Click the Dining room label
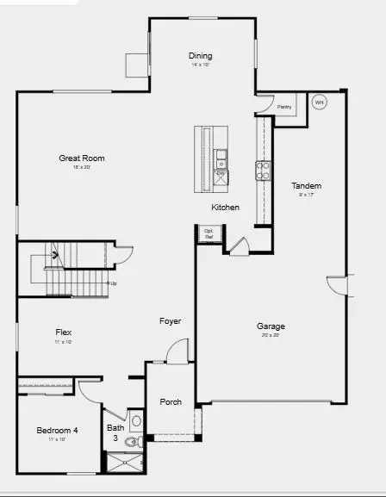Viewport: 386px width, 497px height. (x=200, y=57)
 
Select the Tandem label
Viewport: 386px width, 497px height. (x=306, y=186)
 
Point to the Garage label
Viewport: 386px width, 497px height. (x=271, y=326)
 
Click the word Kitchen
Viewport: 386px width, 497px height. (x=226, y=208)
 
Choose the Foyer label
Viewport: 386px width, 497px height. (x=170, y=321)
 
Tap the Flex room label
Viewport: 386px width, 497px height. (x=64, y=332)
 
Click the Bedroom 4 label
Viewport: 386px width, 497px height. (x=58, y=431)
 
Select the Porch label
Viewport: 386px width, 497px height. (x=171, y=402)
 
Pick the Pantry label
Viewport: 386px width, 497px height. (x=283, y=107)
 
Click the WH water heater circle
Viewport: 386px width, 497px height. (x=319, y=103)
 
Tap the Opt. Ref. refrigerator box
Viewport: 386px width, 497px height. (x=209, y=233)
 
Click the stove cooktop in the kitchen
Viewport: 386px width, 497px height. (x=263, y=170)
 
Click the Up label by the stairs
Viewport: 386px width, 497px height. (x=112, y=283)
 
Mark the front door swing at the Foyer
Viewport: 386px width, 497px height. (x=177, y=351)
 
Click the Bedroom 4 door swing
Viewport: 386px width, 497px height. (x=90, y=388)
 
